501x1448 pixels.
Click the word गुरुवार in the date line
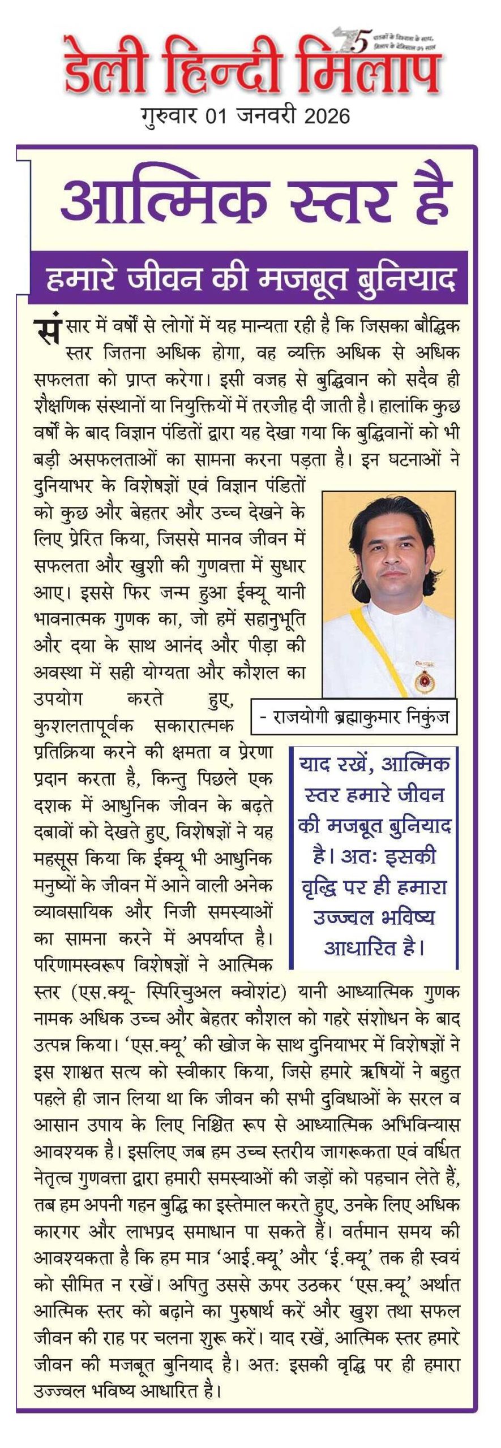(x=170, y=117)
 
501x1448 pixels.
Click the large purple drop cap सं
(x=46, y=330)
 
